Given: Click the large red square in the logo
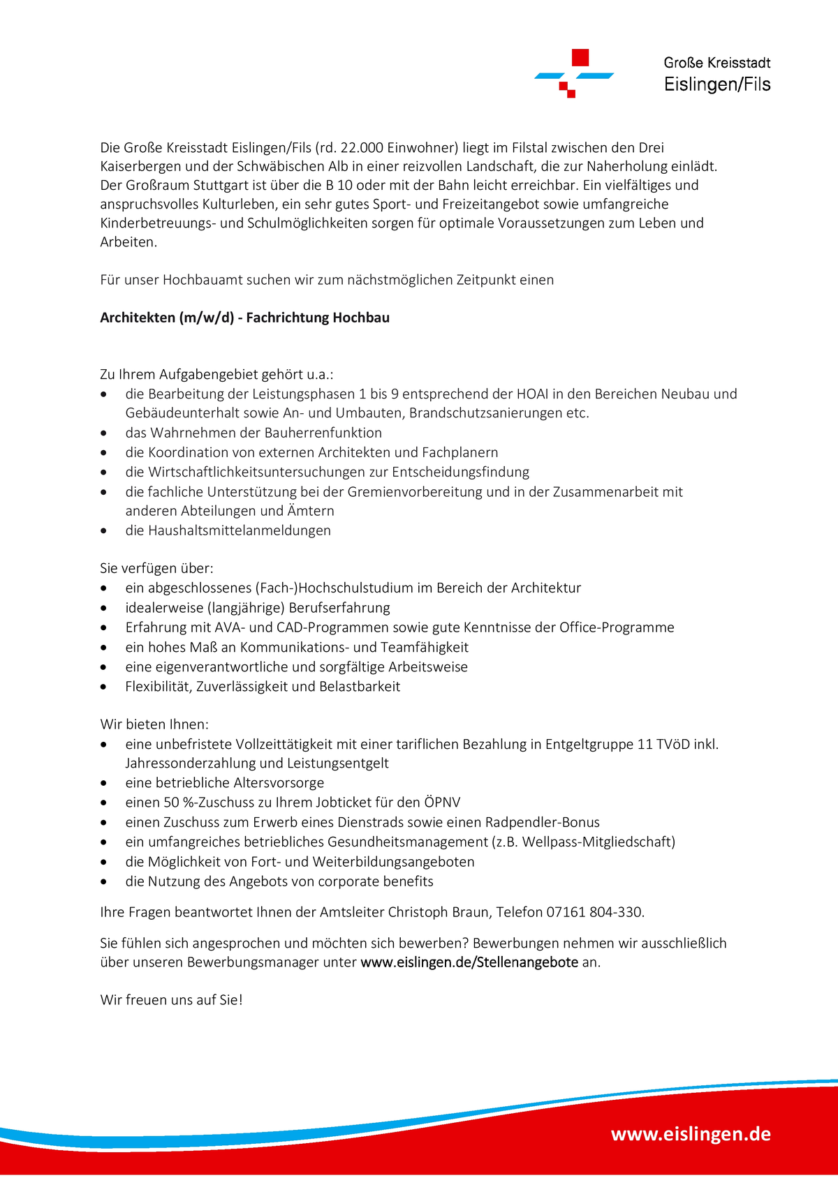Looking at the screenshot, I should (x=580, y=57).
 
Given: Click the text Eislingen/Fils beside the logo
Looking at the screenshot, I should (x=717, y=84).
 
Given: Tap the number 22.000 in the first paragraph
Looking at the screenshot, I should (x=362, y=148).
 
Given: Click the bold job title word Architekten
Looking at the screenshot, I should (x=138, y=318).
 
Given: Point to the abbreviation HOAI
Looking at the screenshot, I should (x=532, y=394).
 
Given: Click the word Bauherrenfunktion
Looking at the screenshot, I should (x=323, y=433).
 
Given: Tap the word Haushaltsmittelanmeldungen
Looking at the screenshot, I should (x=240, y=531).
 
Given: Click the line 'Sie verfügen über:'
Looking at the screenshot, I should (x=157, y=569).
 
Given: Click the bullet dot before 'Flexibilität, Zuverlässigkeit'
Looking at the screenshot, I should (x=104, y=687).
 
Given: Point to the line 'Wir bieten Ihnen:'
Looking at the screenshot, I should (x=154, y=725).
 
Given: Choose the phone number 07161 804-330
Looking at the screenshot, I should (x=594, y=912).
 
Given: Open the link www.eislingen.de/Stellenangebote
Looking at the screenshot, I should (x=469, y=963).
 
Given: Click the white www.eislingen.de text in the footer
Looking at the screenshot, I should (x=691, y=1134).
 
